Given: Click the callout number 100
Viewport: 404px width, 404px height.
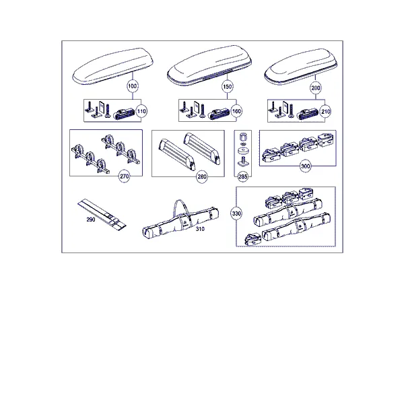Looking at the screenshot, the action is [x=133, y=86].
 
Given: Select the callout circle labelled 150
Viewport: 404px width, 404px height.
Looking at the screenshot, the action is [x=228, y=87].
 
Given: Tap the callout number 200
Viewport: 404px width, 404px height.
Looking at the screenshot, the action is [x=316, y=88].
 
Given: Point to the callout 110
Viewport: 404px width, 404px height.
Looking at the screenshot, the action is [x=141, y=111].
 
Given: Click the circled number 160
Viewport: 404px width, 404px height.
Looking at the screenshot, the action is [x=236, y=111].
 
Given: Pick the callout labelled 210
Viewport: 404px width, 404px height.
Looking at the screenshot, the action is [x=325, y=112].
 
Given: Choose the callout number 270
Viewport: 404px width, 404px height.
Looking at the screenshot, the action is [x=124, y=176].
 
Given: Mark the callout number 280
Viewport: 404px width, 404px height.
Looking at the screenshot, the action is [x=202, y=176].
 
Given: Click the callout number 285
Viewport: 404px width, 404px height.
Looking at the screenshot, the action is [x=242, y=176].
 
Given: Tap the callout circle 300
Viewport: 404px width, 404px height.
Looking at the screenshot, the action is [x=305, y=166].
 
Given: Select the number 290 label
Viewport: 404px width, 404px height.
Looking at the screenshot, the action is [x=91, y=220].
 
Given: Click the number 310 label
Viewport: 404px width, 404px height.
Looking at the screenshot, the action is [x=200, y=229].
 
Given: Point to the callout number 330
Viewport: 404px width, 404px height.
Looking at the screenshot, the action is [x=236, y=213].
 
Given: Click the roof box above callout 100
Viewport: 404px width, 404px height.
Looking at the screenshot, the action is [x=113, y=66].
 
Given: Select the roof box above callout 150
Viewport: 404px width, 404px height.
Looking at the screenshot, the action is [x=209, y=65].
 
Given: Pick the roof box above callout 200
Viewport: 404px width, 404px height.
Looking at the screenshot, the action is [x=301, y=67].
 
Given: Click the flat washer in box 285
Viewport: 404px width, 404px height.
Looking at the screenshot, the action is [x=242, y=150].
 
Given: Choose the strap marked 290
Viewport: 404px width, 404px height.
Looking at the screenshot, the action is [x=102, y=214].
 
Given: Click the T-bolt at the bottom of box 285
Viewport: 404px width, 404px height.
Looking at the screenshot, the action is [x=243, y=162].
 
